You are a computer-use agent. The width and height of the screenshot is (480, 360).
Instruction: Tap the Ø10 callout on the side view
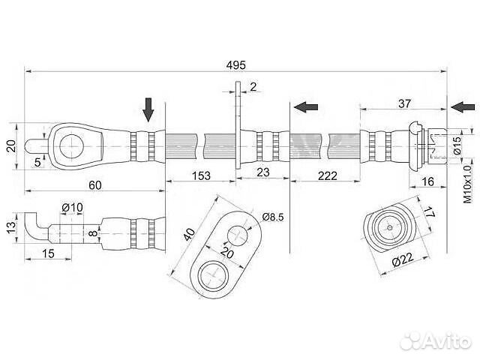click(71, 207)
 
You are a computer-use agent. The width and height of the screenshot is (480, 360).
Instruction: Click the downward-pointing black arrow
click(148, 110)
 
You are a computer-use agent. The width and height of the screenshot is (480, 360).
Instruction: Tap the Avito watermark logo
click(435, 341)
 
